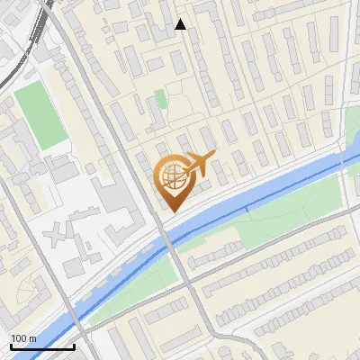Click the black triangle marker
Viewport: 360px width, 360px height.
click(x=181, y=24)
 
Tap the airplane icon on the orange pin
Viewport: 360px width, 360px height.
click(x=200, y=163)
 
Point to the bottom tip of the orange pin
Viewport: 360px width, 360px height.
click(x=171, y=212)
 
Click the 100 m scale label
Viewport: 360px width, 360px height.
click(x=24, y=338)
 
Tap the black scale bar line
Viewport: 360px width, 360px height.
click(x=42, y=346)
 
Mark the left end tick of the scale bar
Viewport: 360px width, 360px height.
click(x=11, y=346)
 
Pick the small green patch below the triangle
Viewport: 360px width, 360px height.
click(x=160, y=98)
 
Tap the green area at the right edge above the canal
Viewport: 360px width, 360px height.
click(x=352, y=135)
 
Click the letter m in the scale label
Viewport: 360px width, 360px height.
click(x=32, y=338)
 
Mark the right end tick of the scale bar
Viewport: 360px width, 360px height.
click(x=74, y=346)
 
